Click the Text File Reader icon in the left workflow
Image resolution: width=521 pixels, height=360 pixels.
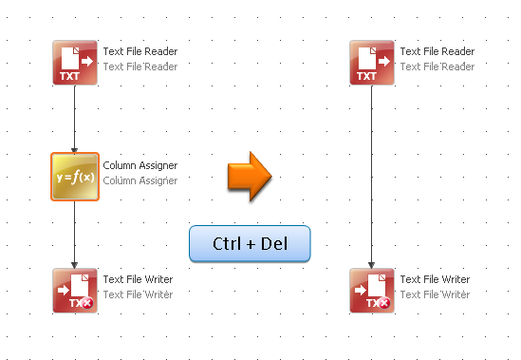pyautogui.click(x=74, y=63)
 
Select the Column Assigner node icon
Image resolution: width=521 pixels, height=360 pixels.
pyautogui.click(x=74, y=177)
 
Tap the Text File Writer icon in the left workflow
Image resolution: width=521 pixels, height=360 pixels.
pyautogui.click(x=74, y=291)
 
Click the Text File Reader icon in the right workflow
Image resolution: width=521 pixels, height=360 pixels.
pyautogui.click(x=371, y=63)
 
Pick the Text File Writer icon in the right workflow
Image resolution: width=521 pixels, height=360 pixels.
pyautogui.click(x=371, y=291)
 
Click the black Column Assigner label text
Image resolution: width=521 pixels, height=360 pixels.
pyautogui.click(x=140, y=166)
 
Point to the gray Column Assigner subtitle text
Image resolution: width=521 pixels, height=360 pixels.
pyautogui.click(x=140, y=180)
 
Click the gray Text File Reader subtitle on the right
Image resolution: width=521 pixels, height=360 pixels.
pyautogui.click(x=437, y=66)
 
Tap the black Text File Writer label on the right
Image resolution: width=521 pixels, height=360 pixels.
pyautogui.click(x=435, y=280)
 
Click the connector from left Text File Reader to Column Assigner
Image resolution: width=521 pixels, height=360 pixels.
pyautogui.click(x=74, y=119)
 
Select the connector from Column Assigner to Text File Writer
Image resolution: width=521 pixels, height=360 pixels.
pyautogui.click(x=74, y=233)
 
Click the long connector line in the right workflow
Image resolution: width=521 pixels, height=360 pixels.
pyautogui.click(x=371, y=176)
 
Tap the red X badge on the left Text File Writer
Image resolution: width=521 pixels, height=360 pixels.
pyautogui.click(x=87, y=303)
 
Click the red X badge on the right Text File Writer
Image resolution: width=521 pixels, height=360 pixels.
pyautogui.click(x=384, y=303)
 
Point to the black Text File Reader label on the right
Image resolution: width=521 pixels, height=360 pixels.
pyautogui.click(x=437, y=52)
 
